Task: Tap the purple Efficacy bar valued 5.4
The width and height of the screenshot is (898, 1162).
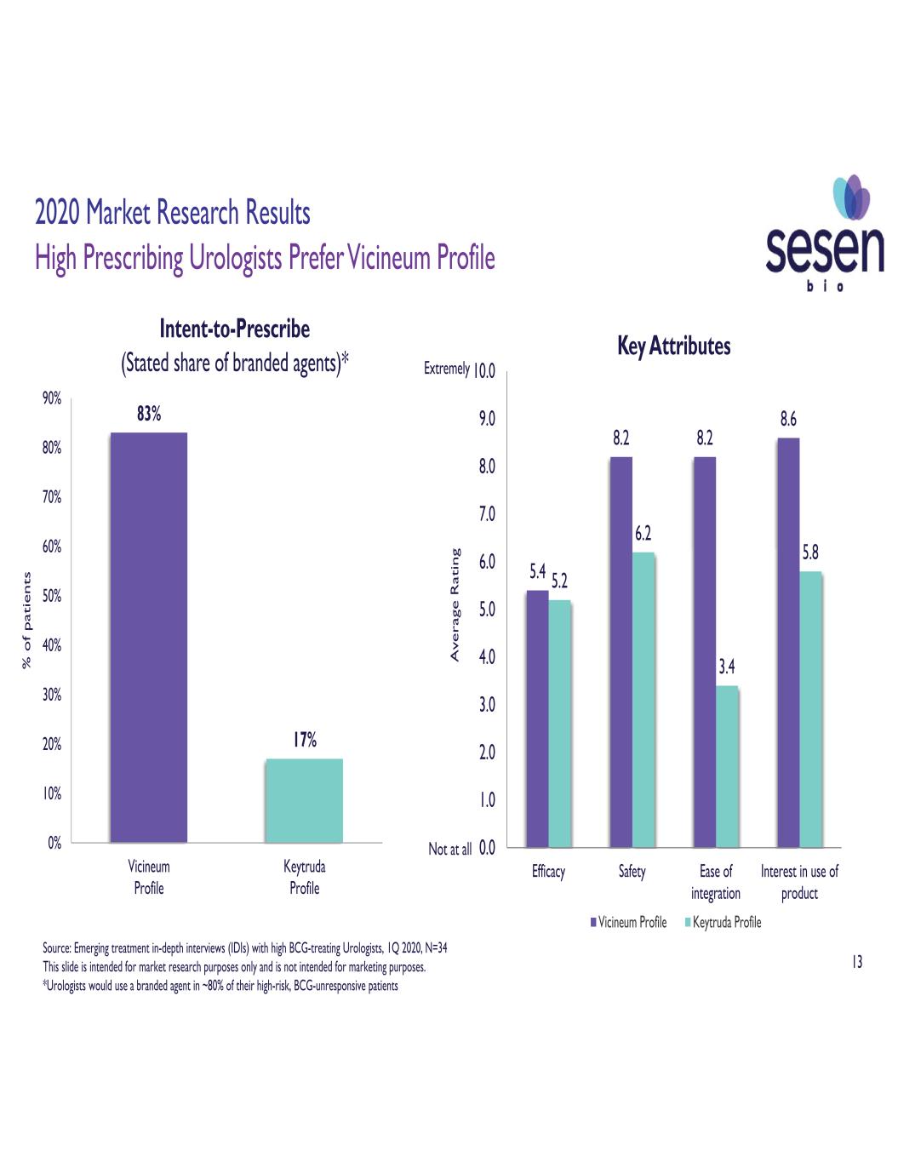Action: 537,718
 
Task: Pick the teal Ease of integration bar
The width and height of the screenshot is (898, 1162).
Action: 727,766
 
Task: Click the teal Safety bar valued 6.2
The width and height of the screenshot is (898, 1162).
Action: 643,700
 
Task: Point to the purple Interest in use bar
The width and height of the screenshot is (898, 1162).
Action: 788,643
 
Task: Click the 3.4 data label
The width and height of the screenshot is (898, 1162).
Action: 727,667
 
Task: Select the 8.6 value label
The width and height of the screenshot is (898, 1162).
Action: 788,419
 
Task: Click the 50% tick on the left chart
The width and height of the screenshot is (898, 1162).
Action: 52,596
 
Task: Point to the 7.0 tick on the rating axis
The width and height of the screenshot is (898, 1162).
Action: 486,514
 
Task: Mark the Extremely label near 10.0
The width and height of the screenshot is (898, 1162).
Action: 446,369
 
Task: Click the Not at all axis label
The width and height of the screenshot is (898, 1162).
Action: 449,849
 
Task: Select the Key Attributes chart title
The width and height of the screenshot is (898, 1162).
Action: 673,346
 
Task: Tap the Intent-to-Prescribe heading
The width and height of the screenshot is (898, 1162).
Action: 235,329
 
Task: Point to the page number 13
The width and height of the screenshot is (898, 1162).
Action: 856,962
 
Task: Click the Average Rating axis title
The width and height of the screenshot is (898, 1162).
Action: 455,604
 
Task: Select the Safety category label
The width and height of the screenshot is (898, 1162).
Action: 632,872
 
